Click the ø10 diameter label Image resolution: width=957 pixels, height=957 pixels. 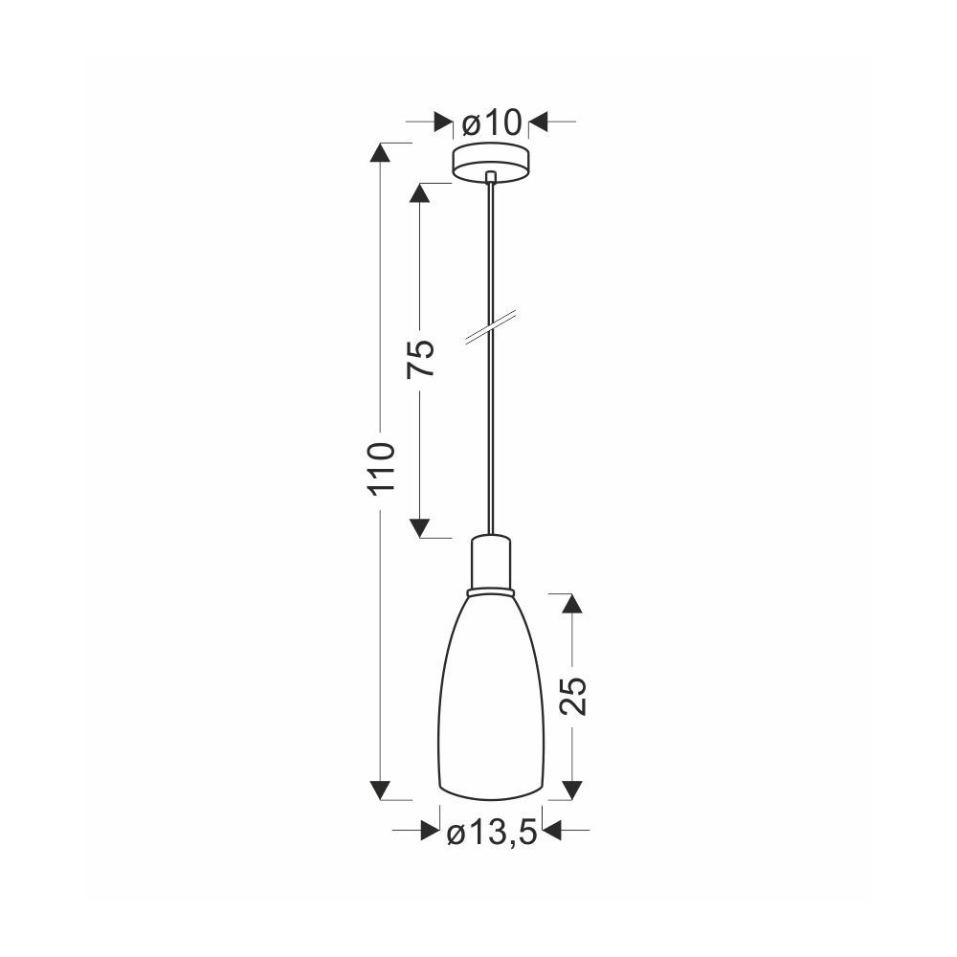(x=491, y=123)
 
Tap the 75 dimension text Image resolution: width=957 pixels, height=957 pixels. (x=421, y=358)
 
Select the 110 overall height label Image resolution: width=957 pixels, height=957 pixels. (x=381, y=468)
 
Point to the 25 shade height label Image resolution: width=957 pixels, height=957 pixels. (x=572, y=695)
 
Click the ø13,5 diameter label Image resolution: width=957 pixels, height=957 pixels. (x=491, y=833)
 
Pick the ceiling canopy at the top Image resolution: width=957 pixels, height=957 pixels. (x=491, y=163)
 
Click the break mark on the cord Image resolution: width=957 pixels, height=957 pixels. (x=491, y=327)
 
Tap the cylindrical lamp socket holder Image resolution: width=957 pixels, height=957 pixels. (x=491, y=563)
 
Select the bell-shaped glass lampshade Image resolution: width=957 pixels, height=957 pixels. (x=491, y=697)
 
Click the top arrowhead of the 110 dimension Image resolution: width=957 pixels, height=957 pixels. (x=381, y=152)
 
